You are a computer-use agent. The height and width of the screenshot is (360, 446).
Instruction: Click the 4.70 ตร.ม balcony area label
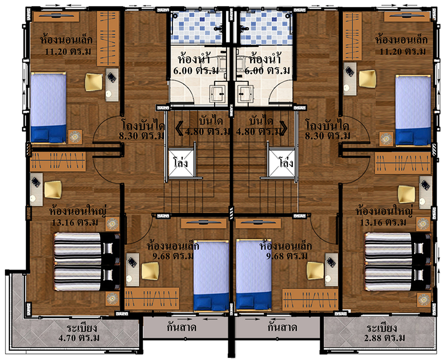[79, 338]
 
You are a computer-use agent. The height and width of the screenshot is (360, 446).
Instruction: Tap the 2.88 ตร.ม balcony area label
[385, 338]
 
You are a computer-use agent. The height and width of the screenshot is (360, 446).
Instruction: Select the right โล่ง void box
[282, 163]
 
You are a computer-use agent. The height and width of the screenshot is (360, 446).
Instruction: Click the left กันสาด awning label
[181, 328]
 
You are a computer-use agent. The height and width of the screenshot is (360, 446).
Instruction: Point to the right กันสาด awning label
[282, 328]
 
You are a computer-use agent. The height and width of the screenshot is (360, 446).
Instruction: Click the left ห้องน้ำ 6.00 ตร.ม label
[196, 64]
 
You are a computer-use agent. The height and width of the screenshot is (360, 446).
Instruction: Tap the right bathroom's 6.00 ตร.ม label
[267, 70]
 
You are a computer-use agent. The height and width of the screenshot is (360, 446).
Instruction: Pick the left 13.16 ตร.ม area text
[75, 222]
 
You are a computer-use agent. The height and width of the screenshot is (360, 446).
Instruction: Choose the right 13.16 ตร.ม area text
[384, 222]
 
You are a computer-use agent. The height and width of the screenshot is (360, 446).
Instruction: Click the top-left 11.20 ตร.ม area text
[68, 52]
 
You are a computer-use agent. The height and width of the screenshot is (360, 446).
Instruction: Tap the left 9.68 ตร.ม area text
[173, 256]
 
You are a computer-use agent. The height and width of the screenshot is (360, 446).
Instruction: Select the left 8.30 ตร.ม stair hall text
[142, 135]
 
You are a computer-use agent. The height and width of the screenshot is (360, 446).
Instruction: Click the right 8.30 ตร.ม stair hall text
[328, 135]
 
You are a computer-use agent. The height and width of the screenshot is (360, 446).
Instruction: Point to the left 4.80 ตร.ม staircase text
[207, 131]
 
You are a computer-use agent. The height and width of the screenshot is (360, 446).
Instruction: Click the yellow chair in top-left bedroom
[94, 82]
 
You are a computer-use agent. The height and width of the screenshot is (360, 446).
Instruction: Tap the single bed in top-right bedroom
[413, 111]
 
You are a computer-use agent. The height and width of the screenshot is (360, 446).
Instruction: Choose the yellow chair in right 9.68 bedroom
[315, 271]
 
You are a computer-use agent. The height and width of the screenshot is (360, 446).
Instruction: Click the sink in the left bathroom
[218, 93]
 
